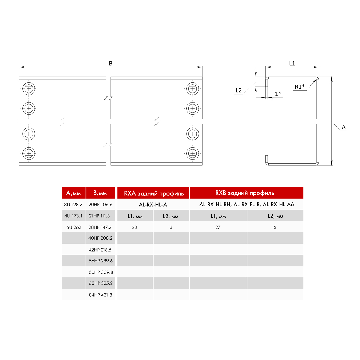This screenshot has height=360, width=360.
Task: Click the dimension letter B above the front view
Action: [x=111, y=64]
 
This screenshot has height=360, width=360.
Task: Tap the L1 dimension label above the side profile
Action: [x=292, y=64]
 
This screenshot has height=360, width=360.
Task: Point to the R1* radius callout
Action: [x=300, y=87]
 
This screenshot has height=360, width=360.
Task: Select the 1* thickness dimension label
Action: [x=278, y=94]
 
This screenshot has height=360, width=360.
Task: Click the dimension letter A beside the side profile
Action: [x=343, y=127]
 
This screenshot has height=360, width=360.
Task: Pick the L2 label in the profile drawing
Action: [x=239, y=90]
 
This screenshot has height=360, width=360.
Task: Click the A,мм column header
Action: [x=73, y=193]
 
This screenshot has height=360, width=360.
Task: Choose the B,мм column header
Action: [x=100, y=193]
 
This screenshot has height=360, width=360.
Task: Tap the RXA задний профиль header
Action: [x=154, y=193]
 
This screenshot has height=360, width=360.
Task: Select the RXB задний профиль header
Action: [x=245, y=193]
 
